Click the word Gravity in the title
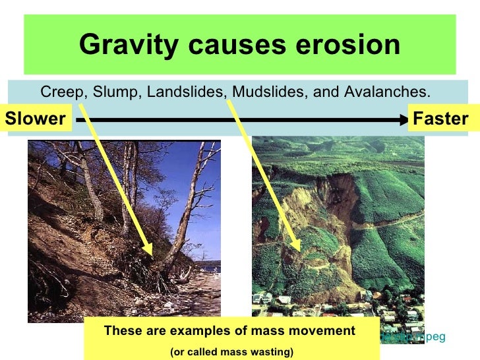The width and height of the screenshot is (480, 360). coord(123,45)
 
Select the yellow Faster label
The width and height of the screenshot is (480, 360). coord(440,119)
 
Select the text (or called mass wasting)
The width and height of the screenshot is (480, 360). coord(231,352)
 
